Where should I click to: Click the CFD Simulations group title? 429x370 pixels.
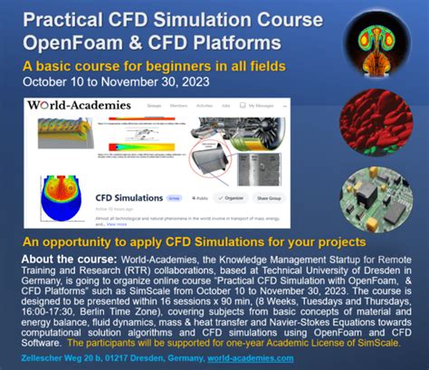[x=128, y=196]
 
